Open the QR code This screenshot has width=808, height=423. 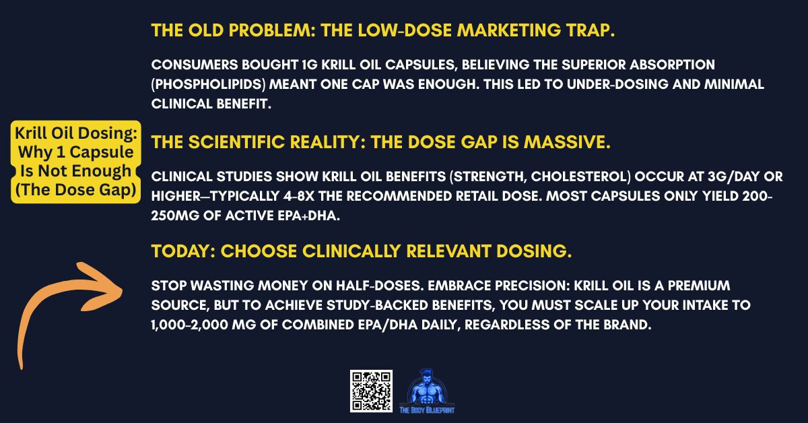[x=371, y=391]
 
